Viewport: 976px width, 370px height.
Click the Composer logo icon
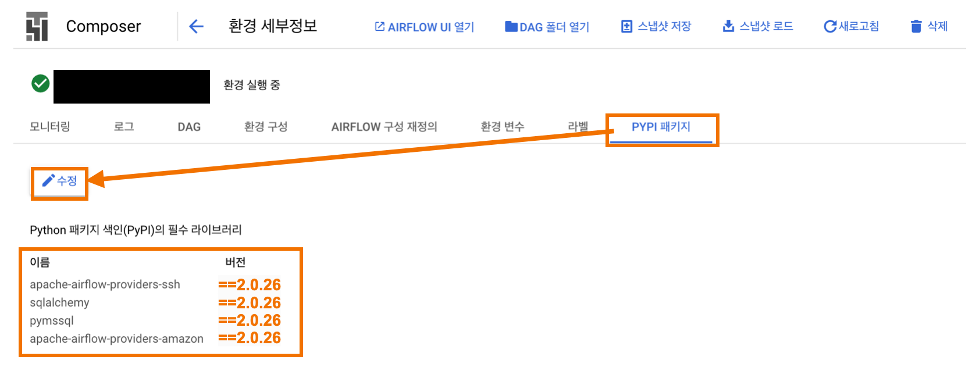point(37,27)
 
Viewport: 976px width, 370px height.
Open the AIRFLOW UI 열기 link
point(425,27)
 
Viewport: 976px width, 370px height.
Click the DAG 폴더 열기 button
point(547,27)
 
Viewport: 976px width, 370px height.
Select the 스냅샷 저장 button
point(656,27)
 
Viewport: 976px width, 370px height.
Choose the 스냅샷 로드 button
point(757,27)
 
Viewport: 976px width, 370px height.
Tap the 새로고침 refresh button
point(851,27)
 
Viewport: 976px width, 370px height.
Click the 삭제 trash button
point(929,27)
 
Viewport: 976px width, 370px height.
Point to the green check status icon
point(41,84)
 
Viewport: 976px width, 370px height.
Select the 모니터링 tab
point(50,127)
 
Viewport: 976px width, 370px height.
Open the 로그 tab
point(124,127)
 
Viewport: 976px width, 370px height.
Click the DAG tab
point(189,127)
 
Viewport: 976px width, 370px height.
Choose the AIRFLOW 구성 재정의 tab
point(384,127)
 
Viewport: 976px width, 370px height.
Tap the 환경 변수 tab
point(503,127)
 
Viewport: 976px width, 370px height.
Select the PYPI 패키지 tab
point(661,127)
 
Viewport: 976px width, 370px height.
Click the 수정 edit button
point(59,182)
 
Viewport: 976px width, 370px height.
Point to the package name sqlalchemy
point(59,303)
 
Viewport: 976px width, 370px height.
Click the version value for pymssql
point(250,321)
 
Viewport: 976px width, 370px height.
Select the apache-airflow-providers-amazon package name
point(116,339)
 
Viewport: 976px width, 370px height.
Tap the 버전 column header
point(236,262)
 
